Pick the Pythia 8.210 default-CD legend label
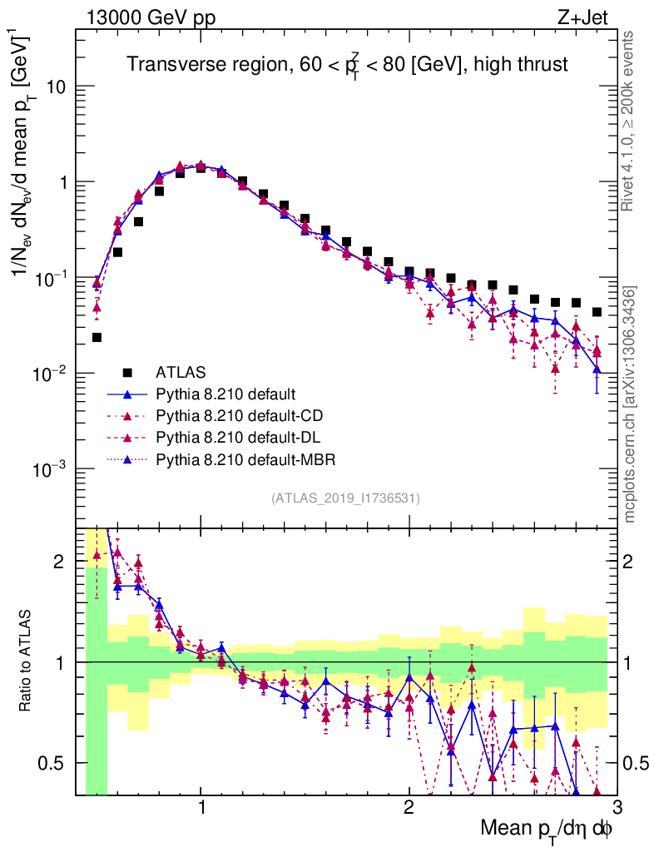238,415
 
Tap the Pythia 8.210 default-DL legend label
237,437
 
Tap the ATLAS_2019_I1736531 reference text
345,498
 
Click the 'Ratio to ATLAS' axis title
29,661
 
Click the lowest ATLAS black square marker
97,337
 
